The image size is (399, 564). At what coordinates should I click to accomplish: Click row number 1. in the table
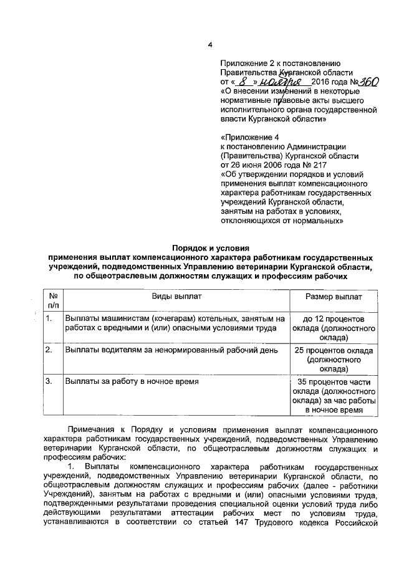[x=49, y=320]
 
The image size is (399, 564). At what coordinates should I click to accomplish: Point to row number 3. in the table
[x=49, y=381]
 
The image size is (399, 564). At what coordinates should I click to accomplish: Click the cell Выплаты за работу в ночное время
[x=132, y=381]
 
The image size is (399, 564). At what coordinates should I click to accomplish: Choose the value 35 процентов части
[x=335, y=381]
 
